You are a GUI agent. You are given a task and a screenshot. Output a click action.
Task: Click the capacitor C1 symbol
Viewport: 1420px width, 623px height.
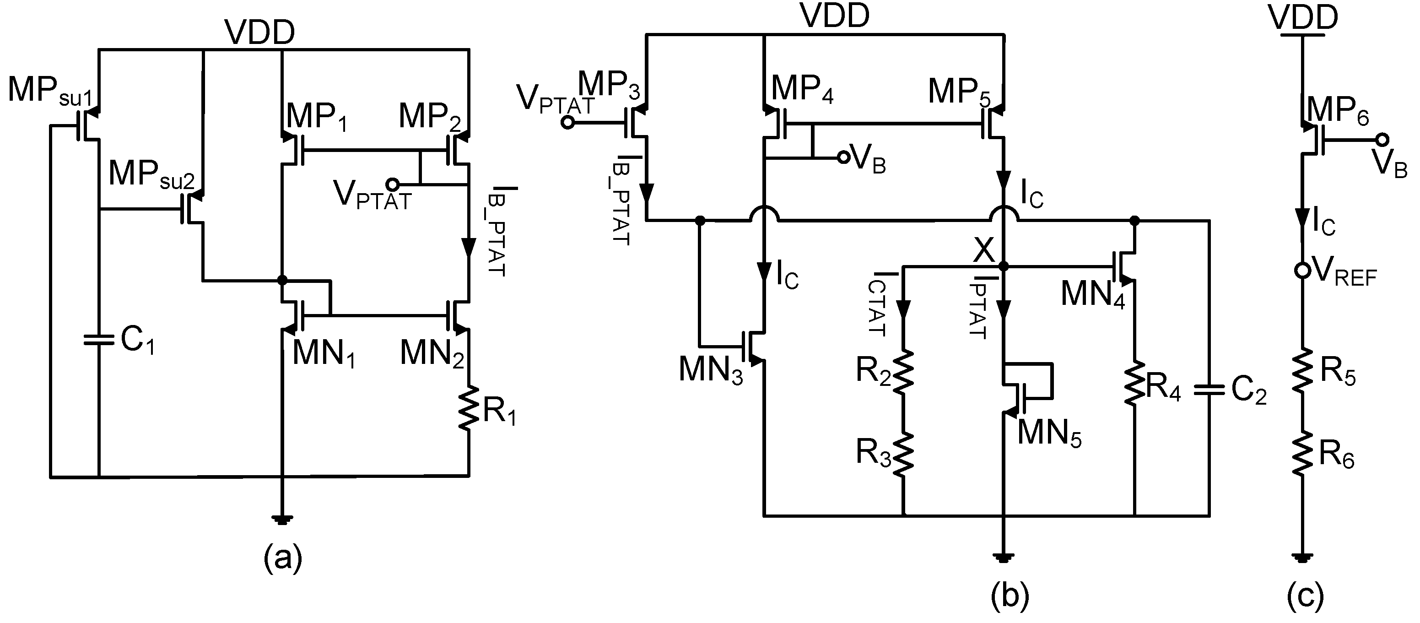click(99, 340)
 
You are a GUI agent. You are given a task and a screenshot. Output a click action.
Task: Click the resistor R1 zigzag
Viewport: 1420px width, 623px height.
click(469, 408)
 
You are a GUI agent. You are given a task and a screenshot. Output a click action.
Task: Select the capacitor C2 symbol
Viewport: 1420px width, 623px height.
click(1209, 390)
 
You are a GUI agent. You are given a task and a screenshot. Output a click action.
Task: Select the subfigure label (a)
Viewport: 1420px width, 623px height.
click(283, 558)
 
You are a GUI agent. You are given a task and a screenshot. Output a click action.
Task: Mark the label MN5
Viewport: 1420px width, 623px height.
click(1049, 433)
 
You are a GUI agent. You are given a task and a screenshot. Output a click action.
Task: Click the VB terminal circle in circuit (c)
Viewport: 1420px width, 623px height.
click(1382, 140)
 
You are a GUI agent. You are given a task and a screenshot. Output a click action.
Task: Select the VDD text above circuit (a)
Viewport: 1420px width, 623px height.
click(259, 33)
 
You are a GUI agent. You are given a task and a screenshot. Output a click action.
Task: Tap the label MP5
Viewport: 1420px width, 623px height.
click(959, 92)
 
